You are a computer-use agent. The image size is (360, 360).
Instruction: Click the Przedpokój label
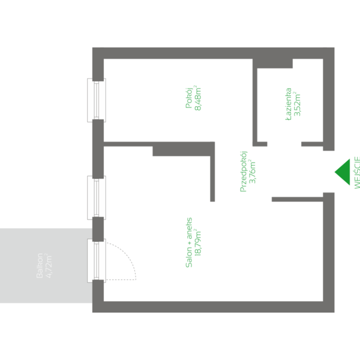click(244, 171)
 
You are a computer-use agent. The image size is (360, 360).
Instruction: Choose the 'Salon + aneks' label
click(189, 242)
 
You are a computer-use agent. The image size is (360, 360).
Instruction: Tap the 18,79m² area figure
click(199, 242)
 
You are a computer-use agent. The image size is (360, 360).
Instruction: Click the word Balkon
click(40, 265)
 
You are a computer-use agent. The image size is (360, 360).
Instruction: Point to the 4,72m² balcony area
click(49, 265)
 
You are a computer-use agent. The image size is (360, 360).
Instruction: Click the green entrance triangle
click(343, 172)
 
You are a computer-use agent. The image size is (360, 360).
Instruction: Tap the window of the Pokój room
click(97, 100)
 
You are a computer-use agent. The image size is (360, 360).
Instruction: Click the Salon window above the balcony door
click(97, 197)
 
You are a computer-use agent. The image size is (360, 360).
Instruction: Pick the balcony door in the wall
click(97, 260)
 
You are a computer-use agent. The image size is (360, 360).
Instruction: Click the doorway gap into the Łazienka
click(284, 144)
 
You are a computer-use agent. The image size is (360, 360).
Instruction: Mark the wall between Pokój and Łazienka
click(255, 102)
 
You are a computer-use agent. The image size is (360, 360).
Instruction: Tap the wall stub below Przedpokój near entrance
click(296, 199)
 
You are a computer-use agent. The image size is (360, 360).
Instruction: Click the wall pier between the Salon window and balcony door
click(98, 229)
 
